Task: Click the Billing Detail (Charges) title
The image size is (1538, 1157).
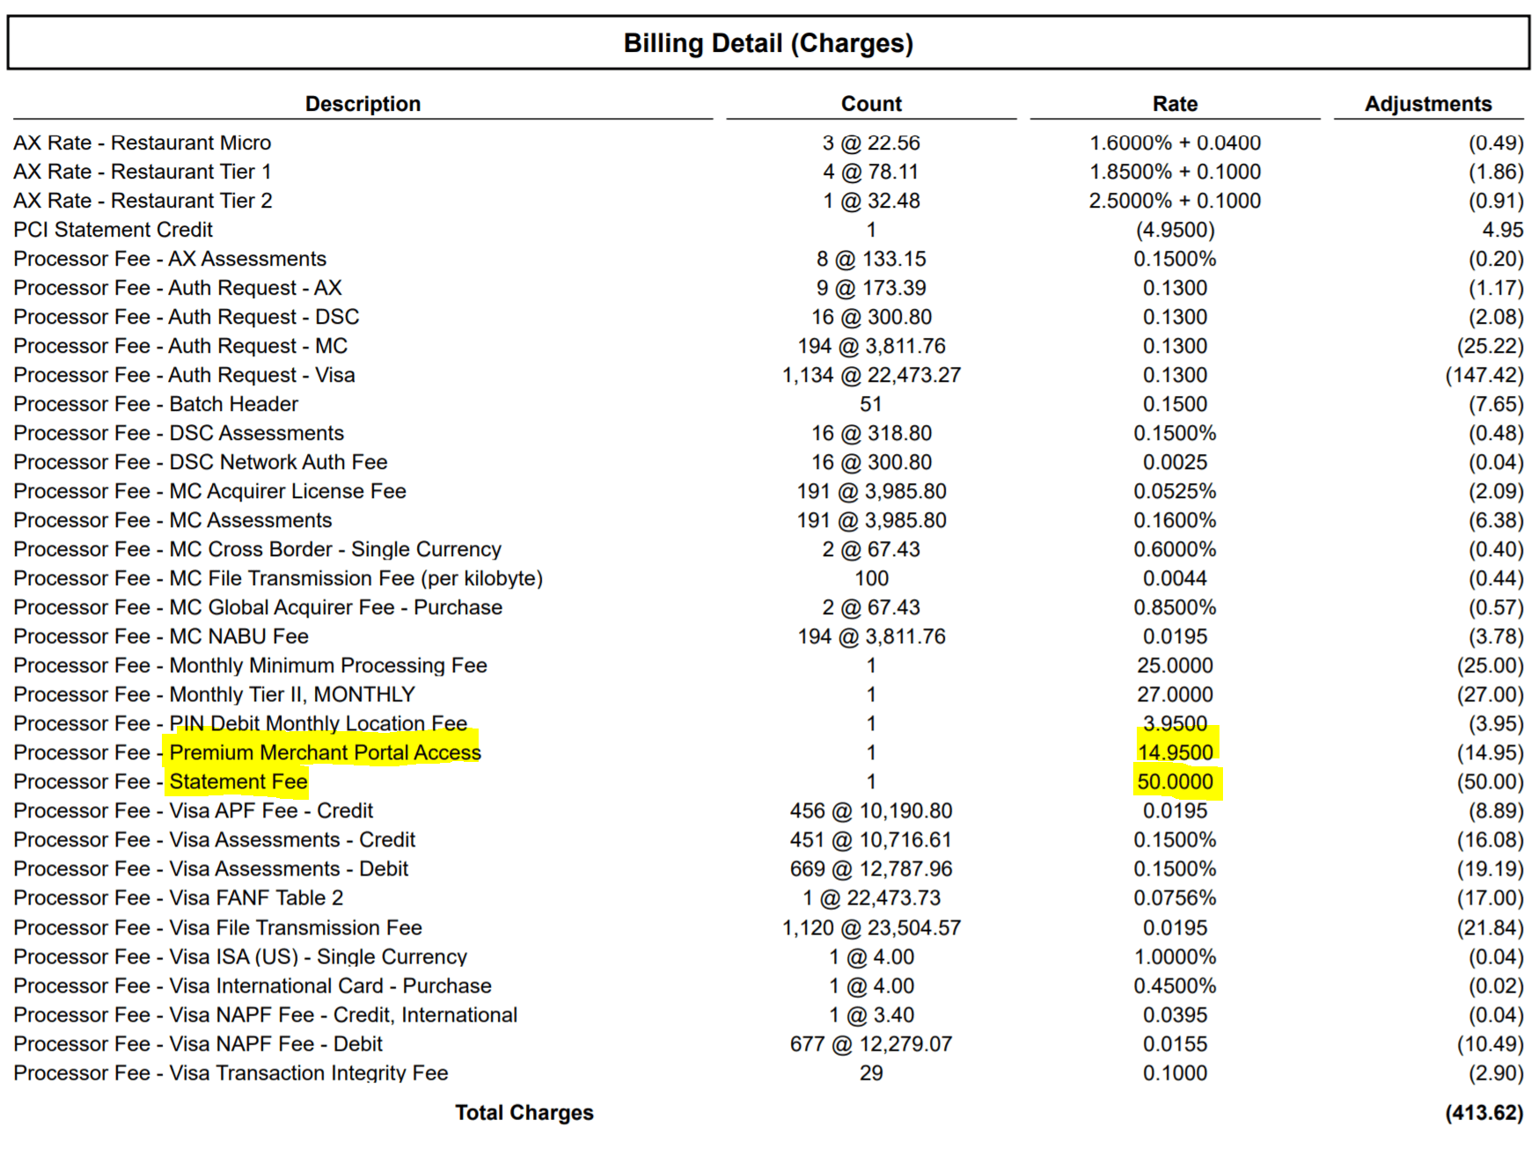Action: pyautogui.click(x=768, y=43)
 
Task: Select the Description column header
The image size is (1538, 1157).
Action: pyautogui.click(x=363, y=104)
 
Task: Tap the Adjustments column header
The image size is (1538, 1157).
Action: pyautogui.click(x=1427, y=104)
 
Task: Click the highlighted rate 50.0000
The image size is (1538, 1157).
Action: pyautogui.click(x=1175, y=781)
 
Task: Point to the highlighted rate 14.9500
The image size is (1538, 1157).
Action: pyautogui.click(x=1175, y=752)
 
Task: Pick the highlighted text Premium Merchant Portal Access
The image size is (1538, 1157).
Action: pyautogui.click(x=325, y=752)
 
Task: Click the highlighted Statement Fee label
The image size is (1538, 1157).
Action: pyautogui.click(x=238, y=781)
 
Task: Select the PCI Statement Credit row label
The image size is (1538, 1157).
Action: pyautogui.click(x=113, y=230)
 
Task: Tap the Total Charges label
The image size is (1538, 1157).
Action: pyautogui.click(x=524, y=1113)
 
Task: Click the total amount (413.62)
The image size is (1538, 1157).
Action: pyautogui.click(x=1483, y=1113)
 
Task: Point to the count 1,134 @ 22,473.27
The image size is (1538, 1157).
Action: pyautogui.click(x=871, y=376)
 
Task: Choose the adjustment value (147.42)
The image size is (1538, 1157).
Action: pyautogui.click(x=1483, y=376)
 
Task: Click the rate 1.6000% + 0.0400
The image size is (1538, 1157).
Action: pyautogui.click(x=1175, y=143)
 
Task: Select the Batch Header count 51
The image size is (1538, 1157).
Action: pyautogui.click(x=871, y=405)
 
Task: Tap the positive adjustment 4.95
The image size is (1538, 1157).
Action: pyautogui.click(x=1502, y=230)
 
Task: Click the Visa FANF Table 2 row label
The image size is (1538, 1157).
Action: pyautogui.click(x=178, y=898)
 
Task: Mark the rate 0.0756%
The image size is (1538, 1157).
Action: pyautogui.click(x=1175, y=898)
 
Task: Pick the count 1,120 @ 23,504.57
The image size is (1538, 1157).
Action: pyautogui.click(x=871, y=927)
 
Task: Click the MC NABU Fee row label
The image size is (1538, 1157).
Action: pyautogui.click(x=161, y=637)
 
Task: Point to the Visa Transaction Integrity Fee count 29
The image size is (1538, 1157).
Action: pyautogui.click(x=871, y=1073)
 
